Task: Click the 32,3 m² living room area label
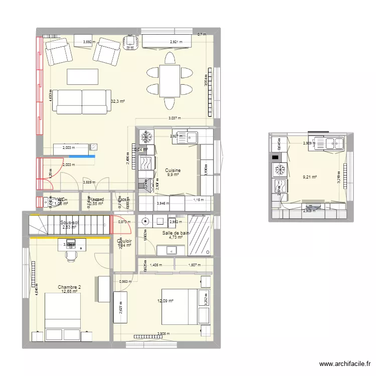coord(117,101)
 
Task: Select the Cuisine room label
coord(172,170)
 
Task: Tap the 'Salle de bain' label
coord(175,233)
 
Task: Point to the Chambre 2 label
coord(69,287)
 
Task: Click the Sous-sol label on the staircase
coord(69,223)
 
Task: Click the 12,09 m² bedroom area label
coord(165,301)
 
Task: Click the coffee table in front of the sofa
coord(83,76)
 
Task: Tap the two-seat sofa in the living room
coord(82,102)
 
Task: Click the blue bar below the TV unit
coord(75,156)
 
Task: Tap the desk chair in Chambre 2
coord(71,255)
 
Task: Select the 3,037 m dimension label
coord(174,118)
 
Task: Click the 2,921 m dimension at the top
coord(176,42)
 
